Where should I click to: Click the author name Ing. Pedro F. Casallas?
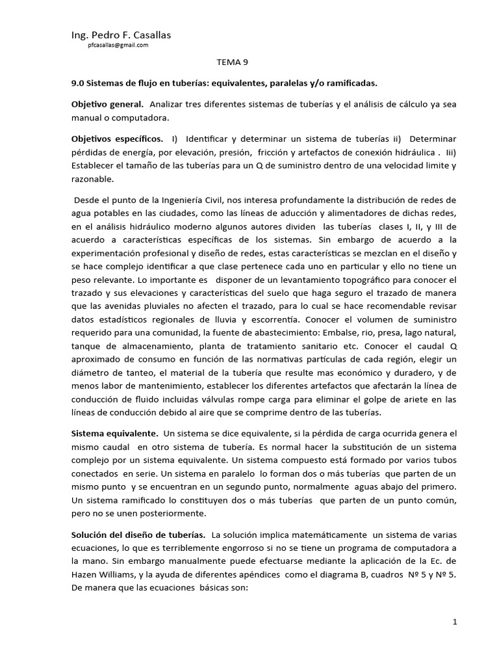point(121,34)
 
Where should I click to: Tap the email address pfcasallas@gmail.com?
point(118,46)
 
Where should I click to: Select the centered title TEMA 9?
point(232,63)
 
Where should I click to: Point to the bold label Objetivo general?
point(107,105)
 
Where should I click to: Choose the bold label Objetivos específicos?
point(117,139)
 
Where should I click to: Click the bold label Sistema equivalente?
point(114,433)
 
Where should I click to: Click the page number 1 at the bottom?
point(455,622)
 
